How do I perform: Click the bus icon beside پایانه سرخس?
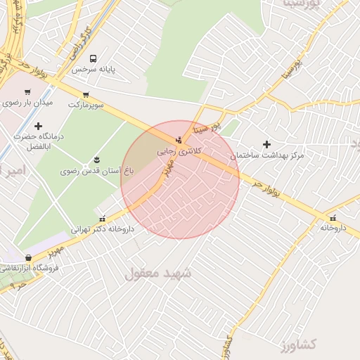click(x=94, y=59)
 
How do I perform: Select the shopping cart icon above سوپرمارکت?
click(x=86, y=94)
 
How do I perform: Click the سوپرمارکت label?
click(x=86, y=105)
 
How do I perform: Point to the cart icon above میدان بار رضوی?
click(x=27, y=91)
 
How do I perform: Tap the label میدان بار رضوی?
click(x=27, y=103)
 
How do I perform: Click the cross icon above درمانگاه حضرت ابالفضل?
click(x=38, y=126)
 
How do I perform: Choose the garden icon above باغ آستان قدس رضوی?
click(x=96, y=160)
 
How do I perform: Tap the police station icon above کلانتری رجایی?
click(x=179, y=139)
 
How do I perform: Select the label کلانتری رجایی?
click(x=179, y=150)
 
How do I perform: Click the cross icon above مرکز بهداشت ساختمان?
click(x=266, y=144)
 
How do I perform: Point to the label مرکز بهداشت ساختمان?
click(x=266, y=155)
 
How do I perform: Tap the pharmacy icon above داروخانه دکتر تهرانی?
click(x=103, y=218)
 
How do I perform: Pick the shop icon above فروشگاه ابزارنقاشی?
click(x=28, y=257)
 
